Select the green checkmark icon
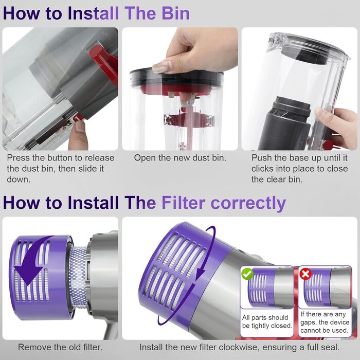248,274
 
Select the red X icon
305,274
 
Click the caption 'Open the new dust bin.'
180,158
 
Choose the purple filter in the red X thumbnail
315,289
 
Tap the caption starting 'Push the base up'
299,169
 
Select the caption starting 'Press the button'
60,169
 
